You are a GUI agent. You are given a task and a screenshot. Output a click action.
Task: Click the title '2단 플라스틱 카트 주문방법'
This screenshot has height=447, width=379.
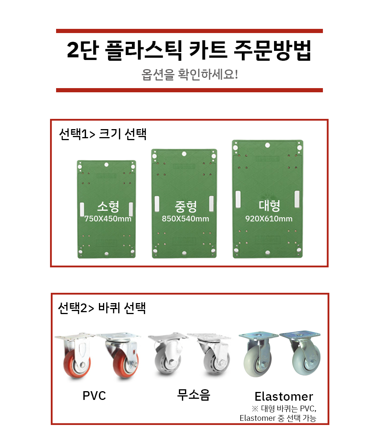point(189,50)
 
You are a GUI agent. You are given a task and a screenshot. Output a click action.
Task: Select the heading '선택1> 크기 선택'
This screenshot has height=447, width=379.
point(103,134)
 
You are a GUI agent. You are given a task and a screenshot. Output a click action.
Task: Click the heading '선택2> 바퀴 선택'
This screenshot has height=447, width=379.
point(102,308)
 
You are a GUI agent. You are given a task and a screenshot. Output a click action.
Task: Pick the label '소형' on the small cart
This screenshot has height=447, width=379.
point(108,207)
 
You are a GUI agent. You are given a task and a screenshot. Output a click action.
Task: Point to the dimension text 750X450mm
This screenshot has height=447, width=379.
point(108,219)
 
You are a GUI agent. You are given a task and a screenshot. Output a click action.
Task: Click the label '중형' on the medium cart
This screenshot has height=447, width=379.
point(186,207)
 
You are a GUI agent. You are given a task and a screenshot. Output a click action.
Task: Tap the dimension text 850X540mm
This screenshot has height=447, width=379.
point(186,219)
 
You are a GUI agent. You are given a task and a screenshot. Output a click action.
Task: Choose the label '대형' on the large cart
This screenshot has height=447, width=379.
point(269,206)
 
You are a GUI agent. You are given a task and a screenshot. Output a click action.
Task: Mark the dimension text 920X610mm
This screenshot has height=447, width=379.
point(269,219)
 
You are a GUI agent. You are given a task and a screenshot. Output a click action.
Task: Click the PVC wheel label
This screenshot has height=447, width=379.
point(94,396)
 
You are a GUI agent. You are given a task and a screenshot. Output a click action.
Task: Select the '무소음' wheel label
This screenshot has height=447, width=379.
point(193,395)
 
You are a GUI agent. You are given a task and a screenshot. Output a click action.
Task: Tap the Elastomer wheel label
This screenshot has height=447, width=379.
point(284,396)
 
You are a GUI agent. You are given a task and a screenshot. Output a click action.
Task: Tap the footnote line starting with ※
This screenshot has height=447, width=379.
point(284,409)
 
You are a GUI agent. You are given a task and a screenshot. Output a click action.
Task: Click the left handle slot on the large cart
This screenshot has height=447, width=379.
point(238,199)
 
